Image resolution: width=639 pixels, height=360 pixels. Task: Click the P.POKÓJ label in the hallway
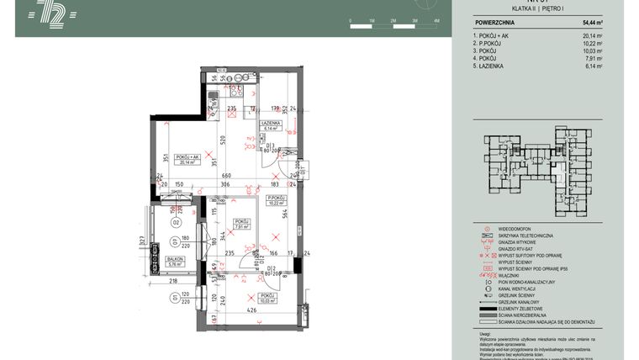pyautogui.click(x=275, y=199)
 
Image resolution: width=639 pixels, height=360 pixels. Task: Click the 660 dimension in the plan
pyautogui.click(x=226, y=175)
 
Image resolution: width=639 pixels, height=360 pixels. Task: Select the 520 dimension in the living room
pyautogui.click(x=224, y=139)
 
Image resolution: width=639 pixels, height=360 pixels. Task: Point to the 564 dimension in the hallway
pyautogui.click(x=285, y=213)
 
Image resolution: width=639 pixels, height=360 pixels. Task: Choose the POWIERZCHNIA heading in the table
pyautogui.click(x=495, y=24)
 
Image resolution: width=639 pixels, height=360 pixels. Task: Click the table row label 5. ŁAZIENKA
pyautogui.click(x=493, y=66)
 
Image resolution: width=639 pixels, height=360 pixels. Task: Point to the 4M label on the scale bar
pyautogui.click(x=436, y=19)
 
